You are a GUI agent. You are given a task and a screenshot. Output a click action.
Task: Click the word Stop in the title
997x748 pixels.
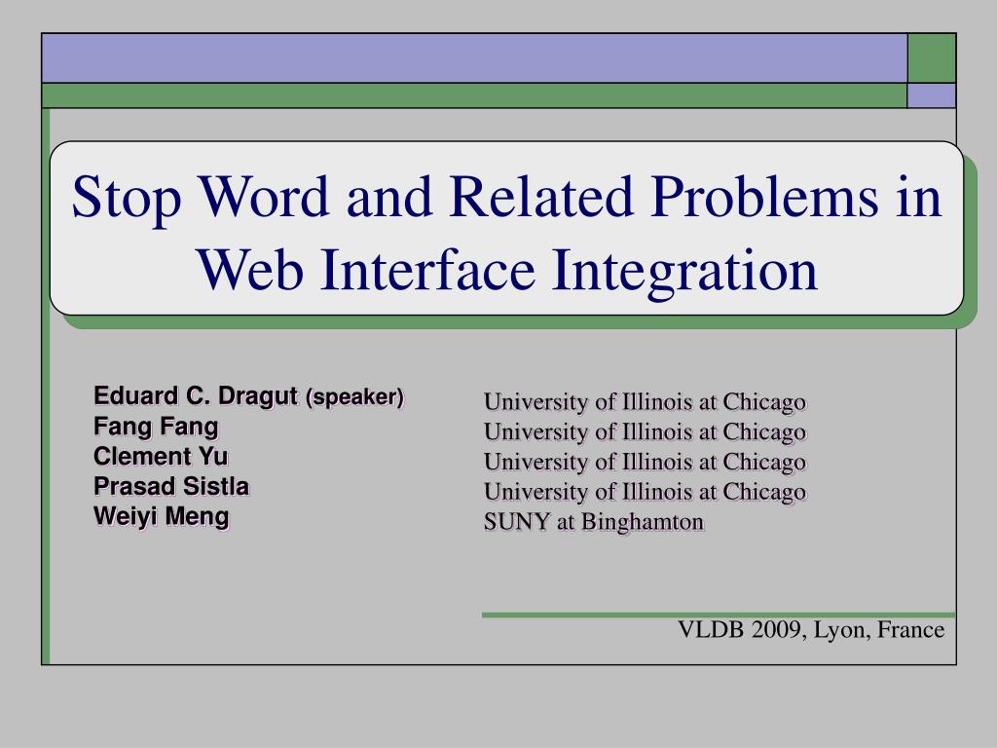point(127,199)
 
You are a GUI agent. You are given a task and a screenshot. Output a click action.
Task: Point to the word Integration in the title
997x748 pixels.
point(684,273)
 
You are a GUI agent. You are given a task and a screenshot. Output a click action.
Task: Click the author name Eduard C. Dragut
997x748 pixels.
point(196,396)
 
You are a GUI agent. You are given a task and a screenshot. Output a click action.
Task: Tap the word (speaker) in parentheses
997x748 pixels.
point(354,397)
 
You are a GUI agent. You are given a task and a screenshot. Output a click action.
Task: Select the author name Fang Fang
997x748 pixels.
point(156,427)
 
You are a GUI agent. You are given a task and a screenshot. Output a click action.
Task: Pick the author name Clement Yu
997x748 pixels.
point(161,456)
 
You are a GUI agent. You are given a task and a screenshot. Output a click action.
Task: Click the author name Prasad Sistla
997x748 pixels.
point(171,486)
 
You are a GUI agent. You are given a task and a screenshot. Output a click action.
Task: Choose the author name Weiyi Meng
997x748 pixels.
point(161,516)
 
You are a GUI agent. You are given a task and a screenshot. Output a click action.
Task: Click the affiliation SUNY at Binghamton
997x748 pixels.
point(594,522)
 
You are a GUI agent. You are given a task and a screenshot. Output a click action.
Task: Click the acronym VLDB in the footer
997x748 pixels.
point(711,629)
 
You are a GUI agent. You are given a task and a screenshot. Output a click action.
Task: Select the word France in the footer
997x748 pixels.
point(910,629)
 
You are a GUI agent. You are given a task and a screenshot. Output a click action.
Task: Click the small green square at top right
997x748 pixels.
point(932,57)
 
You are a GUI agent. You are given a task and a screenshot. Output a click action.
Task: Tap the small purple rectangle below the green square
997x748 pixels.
point(932,95)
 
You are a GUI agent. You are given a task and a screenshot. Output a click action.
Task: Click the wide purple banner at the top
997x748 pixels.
point(474,57)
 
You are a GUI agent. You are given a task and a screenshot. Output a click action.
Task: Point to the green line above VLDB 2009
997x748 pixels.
point(719,616)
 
